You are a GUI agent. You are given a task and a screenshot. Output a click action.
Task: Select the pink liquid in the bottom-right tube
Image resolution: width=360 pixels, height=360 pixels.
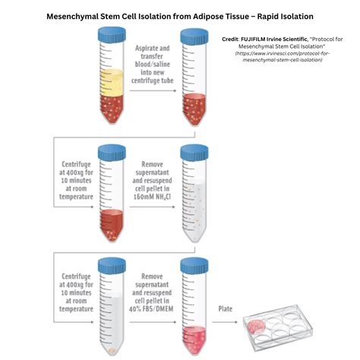[x=192, y=335]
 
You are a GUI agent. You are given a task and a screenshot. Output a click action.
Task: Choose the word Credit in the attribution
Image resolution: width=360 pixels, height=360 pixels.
[x=230, y=37]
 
